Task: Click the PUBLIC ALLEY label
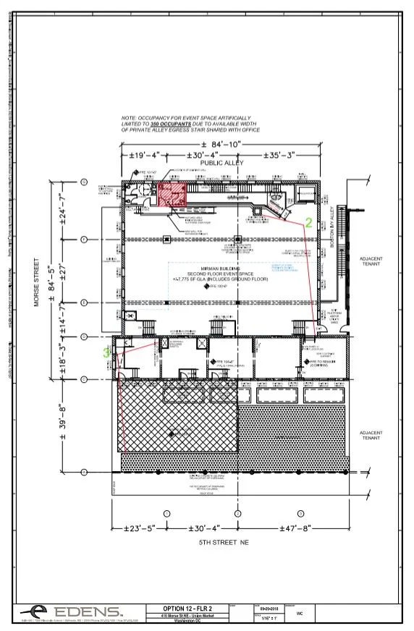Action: [221, 164]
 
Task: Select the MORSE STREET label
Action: [35, 281]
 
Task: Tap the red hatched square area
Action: [173, 195]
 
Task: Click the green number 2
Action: [308, 224]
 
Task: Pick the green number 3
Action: [107, 353]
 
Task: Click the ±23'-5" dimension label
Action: [135, 528]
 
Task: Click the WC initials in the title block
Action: [299, 612]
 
